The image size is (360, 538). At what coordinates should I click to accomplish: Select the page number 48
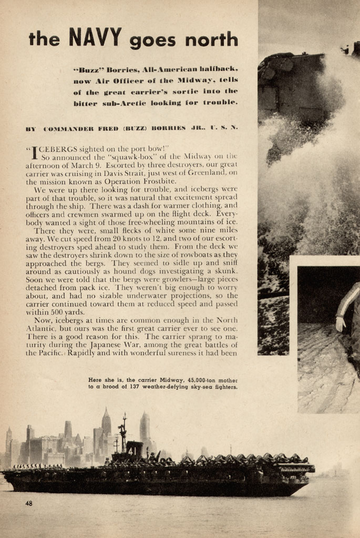[x=29, y=503]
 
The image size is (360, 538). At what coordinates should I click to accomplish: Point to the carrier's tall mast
[x=124, y=431]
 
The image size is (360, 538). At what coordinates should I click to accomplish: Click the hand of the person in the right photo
[x=341, y=325]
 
